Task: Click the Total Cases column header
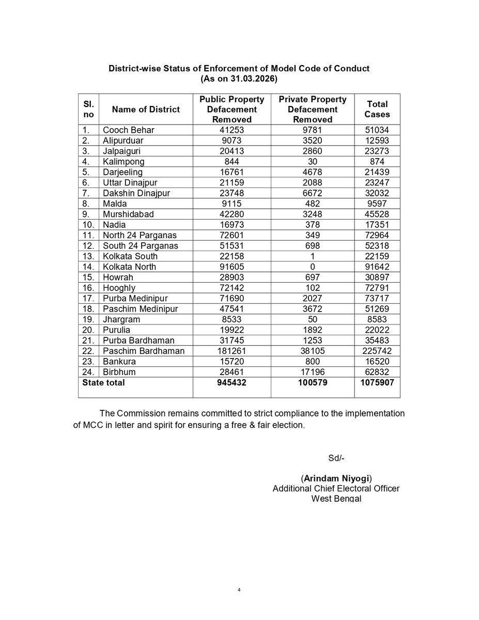pos(377,109)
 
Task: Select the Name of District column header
pos(146,109)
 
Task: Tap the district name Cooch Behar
pos(129,130)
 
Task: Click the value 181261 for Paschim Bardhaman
pos(231,351)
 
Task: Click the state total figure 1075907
pos(377,383)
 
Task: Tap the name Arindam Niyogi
pos(337,478)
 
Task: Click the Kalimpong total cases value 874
pos(377,162)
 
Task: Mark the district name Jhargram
pos(122,319)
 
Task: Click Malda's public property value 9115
pos(231,204)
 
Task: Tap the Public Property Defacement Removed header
pos(231,109)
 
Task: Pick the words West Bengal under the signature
pos(336,498)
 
